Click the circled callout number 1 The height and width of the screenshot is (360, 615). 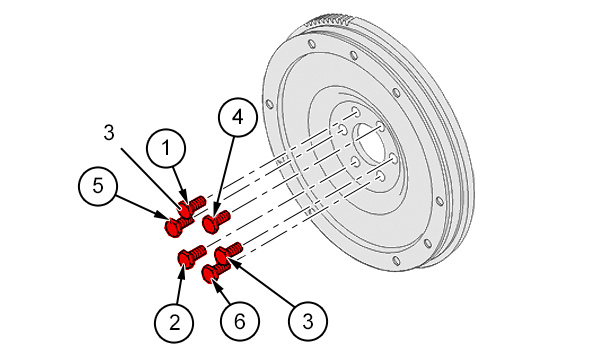pos(166,148)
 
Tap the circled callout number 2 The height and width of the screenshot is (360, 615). pos(174,322)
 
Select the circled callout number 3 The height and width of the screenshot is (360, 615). pos(308,321)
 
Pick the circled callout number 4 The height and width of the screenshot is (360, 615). pos(238,117)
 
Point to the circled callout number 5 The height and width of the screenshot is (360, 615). pos(98,185)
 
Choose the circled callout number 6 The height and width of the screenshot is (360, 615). pos(240,321)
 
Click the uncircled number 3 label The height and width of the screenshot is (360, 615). pos(109,133)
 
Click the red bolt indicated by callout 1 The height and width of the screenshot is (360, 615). pos(192,205)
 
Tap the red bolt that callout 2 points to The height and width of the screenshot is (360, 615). pos(192,256)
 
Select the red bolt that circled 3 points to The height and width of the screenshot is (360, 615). pos(228,253)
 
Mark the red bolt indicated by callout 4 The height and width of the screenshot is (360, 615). pos(216,221)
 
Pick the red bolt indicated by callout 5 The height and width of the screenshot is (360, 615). pos(177,226)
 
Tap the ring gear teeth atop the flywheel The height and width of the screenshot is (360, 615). pos(330,20)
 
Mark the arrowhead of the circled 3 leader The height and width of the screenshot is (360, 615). pos(232,262)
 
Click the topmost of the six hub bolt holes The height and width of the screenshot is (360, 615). pos(355,110)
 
